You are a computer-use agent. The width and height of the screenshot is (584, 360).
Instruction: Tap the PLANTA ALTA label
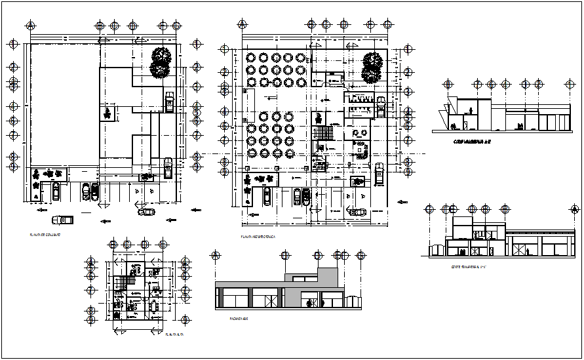click(174, 334)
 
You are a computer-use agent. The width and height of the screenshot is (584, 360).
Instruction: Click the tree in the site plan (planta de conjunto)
click(160, 63)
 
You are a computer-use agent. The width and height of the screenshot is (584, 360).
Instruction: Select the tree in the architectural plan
click(372, 68)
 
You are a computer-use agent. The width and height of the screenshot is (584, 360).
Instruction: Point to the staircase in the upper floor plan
click(124, 283)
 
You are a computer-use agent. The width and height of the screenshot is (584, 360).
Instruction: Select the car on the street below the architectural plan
click(358, 212)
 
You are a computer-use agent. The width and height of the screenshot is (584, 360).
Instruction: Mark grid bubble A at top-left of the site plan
click(31, 26)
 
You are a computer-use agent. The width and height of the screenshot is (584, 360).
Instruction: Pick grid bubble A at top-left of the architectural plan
click(243, 26)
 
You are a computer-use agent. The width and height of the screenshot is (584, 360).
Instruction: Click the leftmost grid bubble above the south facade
click(215, 255)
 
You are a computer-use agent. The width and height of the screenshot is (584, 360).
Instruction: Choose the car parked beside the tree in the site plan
click(170, 102)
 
